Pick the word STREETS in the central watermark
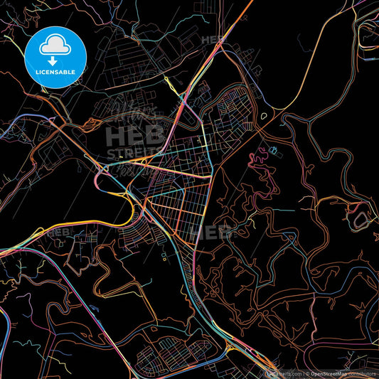(x=135, y=153)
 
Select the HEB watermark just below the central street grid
(x=213, y=233)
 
